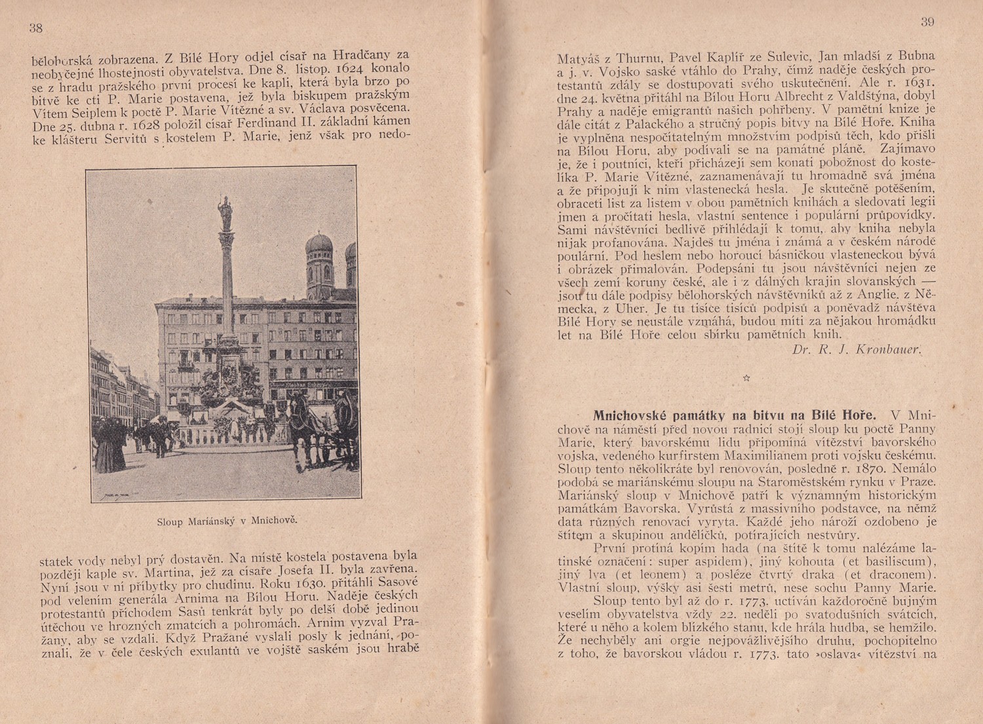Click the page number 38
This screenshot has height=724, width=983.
(35, 28)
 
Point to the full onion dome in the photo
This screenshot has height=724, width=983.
(320, 249)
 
